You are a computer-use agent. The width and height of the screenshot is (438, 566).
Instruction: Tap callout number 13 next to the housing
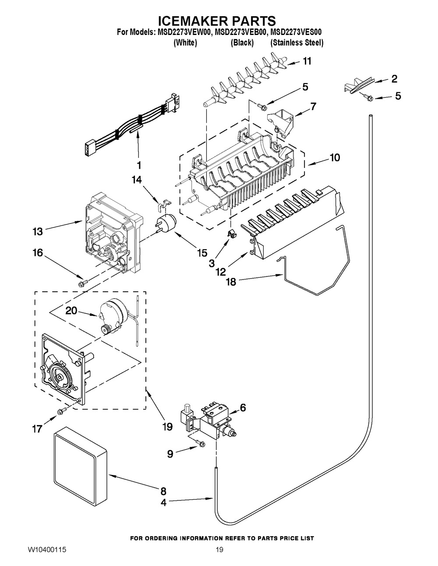[38, 231]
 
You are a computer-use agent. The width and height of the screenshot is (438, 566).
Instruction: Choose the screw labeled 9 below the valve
[201, 444]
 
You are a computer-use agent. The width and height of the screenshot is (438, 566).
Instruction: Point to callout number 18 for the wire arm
[230, 282]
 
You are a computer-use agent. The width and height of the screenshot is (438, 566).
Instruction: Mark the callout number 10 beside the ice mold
[335, 157]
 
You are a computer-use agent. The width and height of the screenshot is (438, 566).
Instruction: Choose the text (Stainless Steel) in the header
[297, 42]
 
